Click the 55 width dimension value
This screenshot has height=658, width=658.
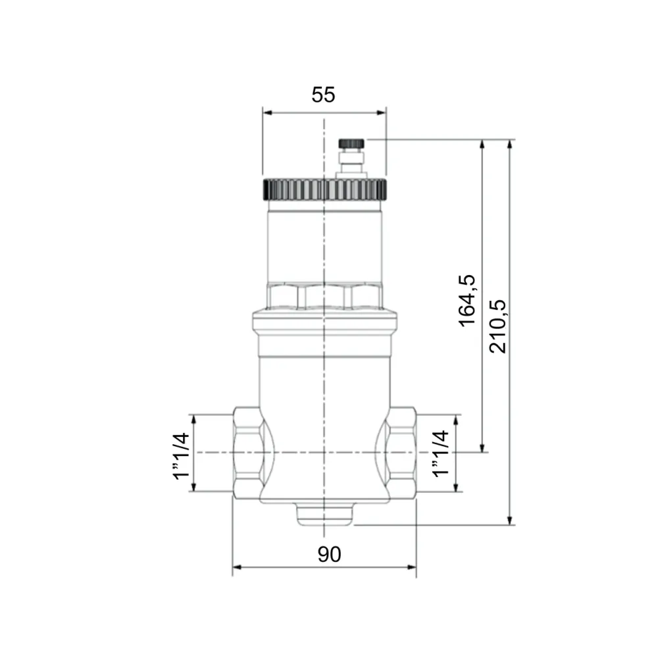[323, 95]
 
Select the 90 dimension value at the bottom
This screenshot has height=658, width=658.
[330, 554]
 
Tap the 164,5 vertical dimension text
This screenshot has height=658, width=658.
[467, 301]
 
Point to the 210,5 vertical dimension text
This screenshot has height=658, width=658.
[498, 326]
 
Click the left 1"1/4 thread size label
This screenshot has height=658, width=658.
[182, 456]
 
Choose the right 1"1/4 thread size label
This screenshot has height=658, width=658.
[441, 453]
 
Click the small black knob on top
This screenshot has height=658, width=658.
[351, 143]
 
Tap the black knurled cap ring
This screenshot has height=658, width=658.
[325, 190]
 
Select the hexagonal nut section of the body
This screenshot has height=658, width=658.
[324, 297]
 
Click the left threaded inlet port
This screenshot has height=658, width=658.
[247, 453]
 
